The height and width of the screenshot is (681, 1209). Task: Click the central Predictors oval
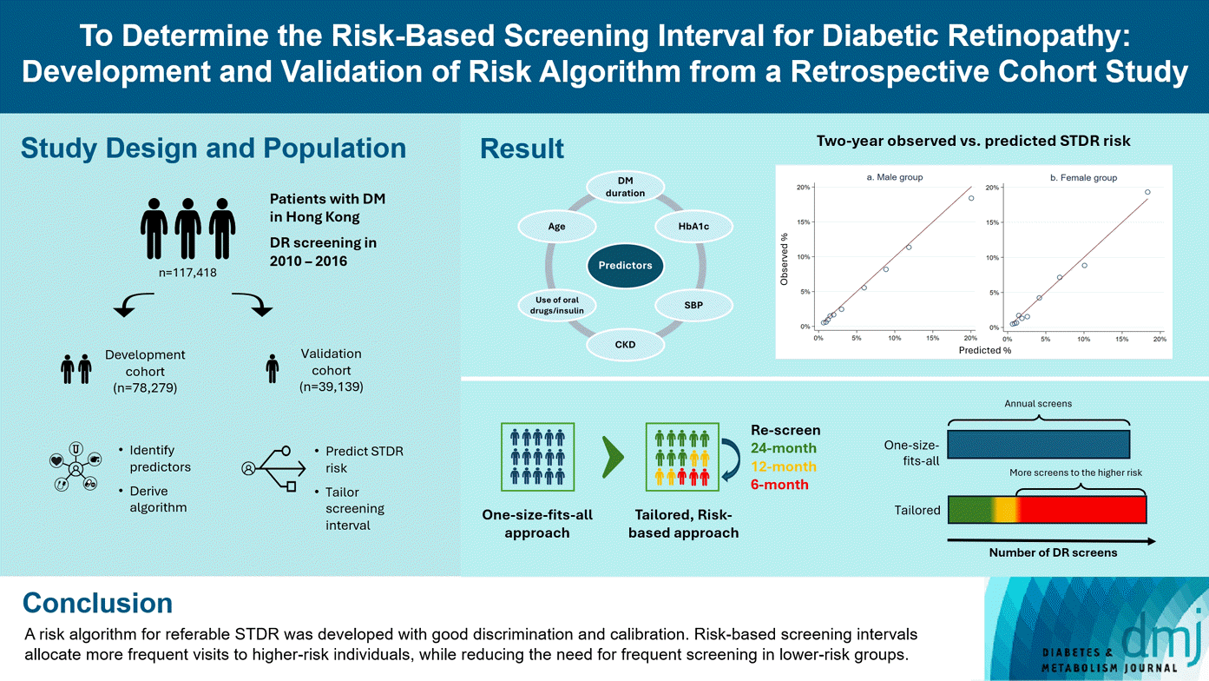pyautogui.click(x=625, y=265)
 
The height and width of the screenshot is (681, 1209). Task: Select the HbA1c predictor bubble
pyautogui.click(x=694, y=225)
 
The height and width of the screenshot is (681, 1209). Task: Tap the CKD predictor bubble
pyautogui.click(x=625, y=345)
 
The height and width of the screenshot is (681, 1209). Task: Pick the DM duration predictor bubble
pyautogui.click(x=625, y=187)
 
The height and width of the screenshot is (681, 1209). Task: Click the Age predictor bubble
pyautogui.click(x=557, y=225)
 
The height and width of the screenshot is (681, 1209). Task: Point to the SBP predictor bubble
pyautogui.click(x=694, y=305)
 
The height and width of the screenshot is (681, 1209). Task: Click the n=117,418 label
pyautogui.click(x=187, y=272)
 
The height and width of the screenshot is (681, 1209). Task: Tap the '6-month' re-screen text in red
pyautogui.click(x=779, y=484)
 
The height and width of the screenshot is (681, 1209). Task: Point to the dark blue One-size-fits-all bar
pyautogui.click(x=1038, y=444)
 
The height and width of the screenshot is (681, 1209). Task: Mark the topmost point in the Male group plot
pyautogui.click(x=971, y=198)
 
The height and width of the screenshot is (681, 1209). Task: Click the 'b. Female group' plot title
pyautogui.click(x=1083, y=178)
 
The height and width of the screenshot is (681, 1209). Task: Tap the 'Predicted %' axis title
pyautogui.click(x=985, y=350)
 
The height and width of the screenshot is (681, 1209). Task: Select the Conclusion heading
pyautogui.click(x=97, y=603)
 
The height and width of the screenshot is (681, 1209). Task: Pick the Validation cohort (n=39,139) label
pyautogui.click(x=331, y=370)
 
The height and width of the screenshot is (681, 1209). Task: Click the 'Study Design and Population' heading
pyautogui.click(x=214, y=148)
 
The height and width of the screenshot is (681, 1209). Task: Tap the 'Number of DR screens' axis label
pyautogui.click(x=1053, y=552)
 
